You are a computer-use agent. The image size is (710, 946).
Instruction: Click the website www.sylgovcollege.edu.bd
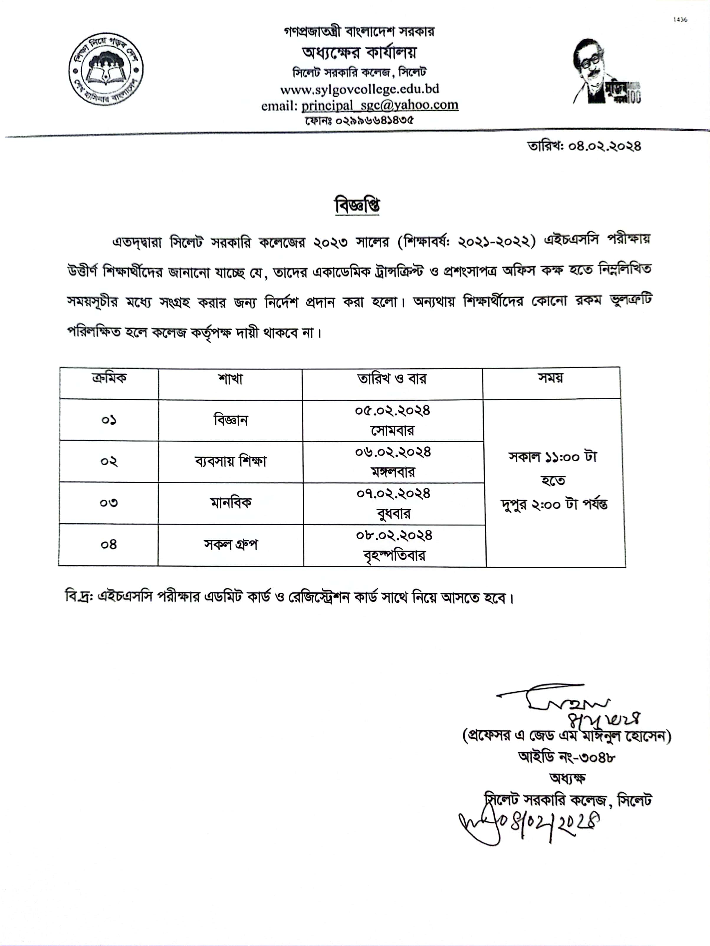tap(359, 89)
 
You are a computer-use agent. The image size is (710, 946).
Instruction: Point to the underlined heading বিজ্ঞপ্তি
tap(357, 206)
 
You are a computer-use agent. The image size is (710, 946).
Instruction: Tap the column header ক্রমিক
tap(109, 378)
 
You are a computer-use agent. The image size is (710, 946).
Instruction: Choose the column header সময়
tap(550, 378)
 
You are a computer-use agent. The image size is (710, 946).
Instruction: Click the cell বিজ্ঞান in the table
tap(231, 420)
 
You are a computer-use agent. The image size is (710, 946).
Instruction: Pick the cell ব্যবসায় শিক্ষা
tap(231, 461)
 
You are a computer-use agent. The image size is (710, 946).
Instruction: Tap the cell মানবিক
tap(231, 502)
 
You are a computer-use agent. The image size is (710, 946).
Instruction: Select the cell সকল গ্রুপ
tap(231, 544)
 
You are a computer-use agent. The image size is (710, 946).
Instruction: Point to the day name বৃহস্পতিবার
tap(394, 556)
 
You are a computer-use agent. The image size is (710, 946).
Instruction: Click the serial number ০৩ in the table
tap(109, 503)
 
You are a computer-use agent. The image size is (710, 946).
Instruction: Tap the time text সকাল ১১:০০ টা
tap(553, 457)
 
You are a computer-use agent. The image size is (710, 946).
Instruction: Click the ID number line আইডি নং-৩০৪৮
tap(566, 757)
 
